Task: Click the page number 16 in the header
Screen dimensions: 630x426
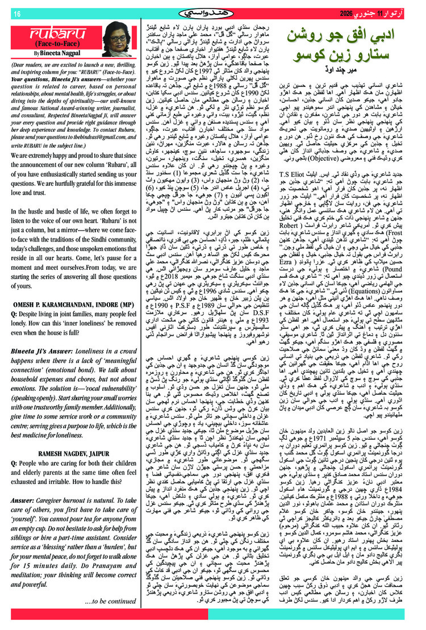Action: click(x=16, y=14)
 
